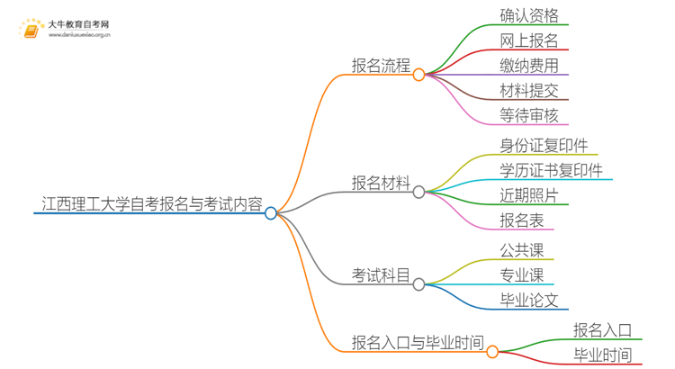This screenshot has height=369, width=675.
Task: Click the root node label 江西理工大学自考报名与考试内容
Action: (x=152, y=204)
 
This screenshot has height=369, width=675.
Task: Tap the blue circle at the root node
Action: (x=271, y=213)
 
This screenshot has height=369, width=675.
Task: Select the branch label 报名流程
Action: (x=381, y=66)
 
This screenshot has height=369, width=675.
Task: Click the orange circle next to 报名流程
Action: (x=418, y=75)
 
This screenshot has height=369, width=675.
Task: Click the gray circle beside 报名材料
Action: (x=418, y=192)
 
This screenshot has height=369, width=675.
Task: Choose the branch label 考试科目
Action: (x=381, y=274)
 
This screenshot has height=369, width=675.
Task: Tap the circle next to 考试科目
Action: (x=418, y=283)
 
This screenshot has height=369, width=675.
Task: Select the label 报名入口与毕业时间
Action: (x=418, y=343)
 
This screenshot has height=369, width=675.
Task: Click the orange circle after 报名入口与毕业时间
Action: (x=492, y=351)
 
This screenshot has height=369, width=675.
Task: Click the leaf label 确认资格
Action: (x=529, y=15)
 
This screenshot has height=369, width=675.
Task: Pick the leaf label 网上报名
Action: (x=529, y=40)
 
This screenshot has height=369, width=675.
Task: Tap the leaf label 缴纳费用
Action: (x=529, y=65)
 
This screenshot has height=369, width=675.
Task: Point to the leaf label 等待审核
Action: (x=529, y=115)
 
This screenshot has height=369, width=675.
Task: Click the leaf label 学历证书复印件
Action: (x=551, y=170)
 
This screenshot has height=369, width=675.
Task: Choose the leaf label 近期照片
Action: (x=529, y=195)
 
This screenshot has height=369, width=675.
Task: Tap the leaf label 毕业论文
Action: (x=529, y=301)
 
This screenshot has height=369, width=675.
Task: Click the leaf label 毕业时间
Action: (x=602, y=355)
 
